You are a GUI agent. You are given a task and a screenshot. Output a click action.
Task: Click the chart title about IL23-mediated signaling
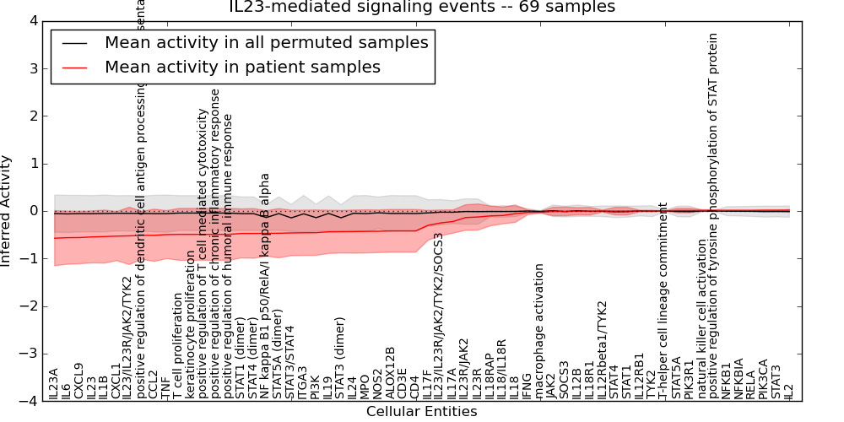click(422, 8)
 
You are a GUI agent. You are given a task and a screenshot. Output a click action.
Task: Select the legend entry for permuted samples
click(266, 42)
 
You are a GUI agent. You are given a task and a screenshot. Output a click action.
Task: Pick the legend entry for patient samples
click(242, 67)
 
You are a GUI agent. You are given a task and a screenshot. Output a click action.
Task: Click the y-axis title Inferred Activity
click(7, 211)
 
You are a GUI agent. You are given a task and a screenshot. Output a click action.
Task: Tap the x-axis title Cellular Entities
click(421, 412)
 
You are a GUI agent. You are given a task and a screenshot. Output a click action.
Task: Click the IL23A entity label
click(54, 383)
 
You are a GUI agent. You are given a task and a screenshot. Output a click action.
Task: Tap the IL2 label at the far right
click(789, 391)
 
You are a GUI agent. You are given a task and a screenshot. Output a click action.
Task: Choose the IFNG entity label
click(527, 385)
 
